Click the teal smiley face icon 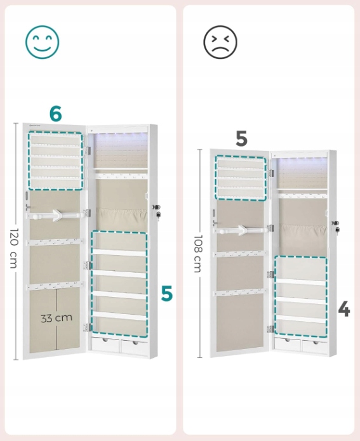[42, 42]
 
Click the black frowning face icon [220, 42]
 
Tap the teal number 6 [55, 114]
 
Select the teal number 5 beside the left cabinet [166, 293]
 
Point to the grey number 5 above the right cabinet [241, 138]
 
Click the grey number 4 [344, 309]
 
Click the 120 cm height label [14, 248]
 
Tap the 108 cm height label [198, 254]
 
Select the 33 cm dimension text [57, 318]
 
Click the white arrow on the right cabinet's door [241, 230]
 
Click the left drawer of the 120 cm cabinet [105, 344]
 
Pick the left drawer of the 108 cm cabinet [288, 345]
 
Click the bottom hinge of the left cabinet [88, 327]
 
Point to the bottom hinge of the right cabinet [270, 329]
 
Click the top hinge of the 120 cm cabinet [88, 150]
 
